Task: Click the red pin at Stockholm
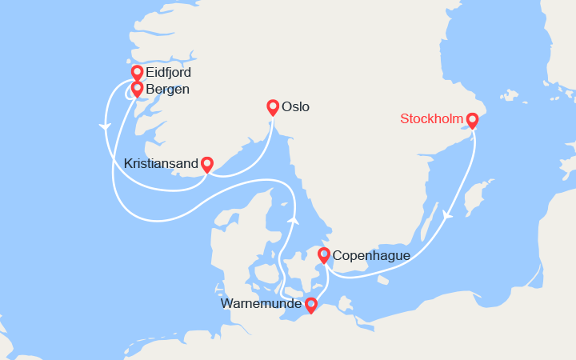point(472,120)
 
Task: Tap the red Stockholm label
point(432,120)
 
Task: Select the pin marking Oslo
point(273,107)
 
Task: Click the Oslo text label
point(295,106)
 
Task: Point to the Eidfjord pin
point(137,73)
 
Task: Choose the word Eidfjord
point(168,73)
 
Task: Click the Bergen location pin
point(137,88)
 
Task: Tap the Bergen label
point(167,89)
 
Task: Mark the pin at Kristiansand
point(207,164)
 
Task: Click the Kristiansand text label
point(161,163)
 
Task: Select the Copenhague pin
point(324,255)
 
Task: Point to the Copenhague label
point(370,256)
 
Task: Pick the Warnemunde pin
point(311,305)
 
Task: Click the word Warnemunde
point(261,304)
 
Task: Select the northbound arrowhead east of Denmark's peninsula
point(294,219)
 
